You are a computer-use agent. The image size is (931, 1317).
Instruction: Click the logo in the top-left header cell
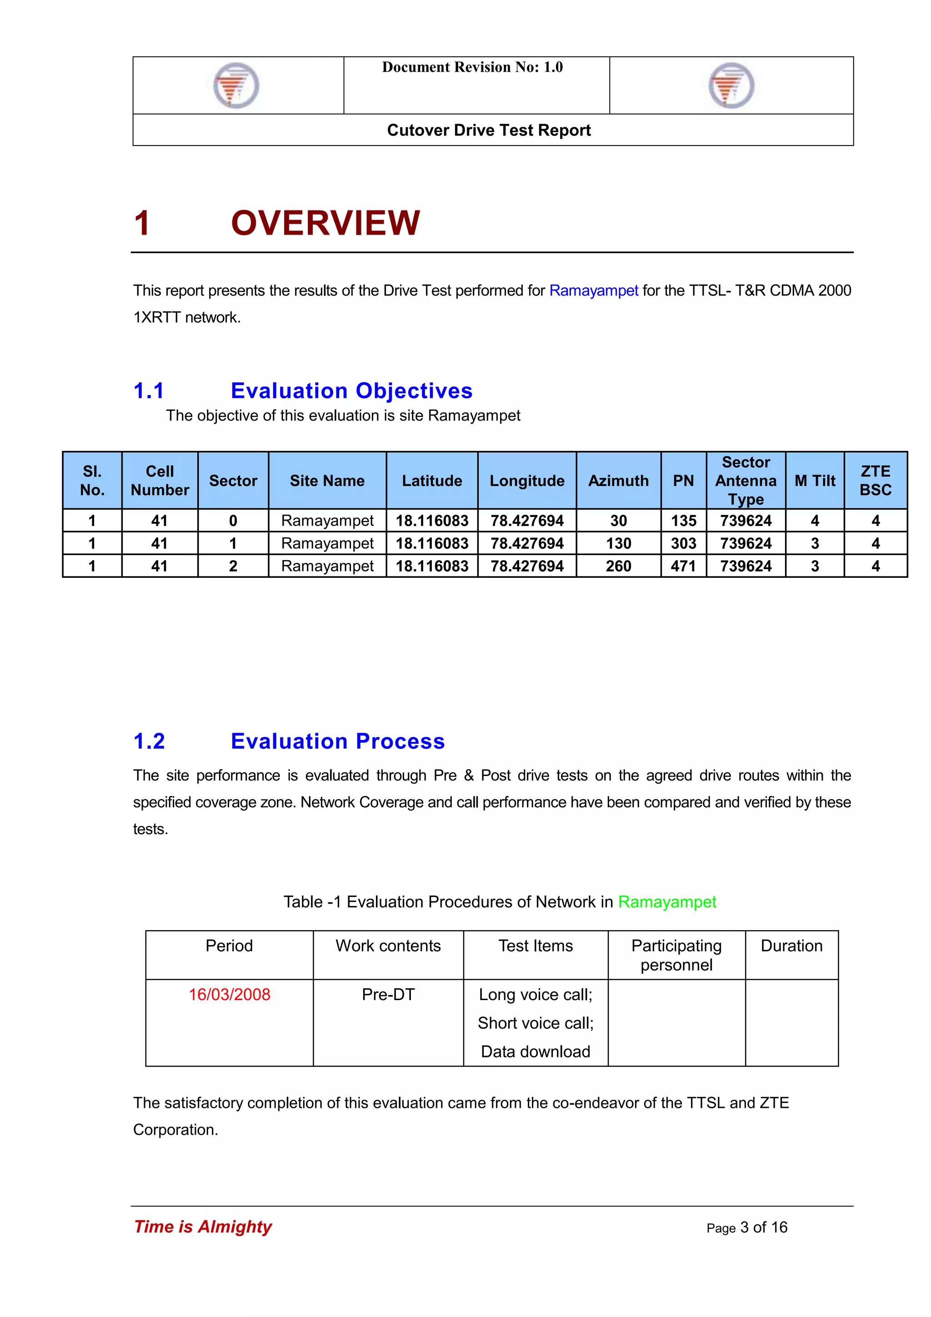236,85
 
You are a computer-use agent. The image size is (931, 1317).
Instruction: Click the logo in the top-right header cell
731,85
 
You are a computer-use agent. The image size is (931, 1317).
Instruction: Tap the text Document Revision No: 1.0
472,67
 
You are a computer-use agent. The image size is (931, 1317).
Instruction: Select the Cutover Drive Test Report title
489,130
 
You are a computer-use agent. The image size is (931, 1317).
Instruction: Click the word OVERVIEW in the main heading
325,223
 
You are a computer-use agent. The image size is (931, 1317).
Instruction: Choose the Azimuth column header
618,481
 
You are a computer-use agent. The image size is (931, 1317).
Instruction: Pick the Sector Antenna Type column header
745,481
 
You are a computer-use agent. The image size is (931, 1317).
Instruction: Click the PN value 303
683,543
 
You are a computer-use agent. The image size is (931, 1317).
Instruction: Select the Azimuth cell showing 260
618,566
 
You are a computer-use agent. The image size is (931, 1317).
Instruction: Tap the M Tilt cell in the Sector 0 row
815,521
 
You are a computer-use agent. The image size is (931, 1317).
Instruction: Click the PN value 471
683,566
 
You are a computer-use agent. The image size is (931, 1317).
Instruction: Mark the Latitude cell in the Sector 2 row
432,566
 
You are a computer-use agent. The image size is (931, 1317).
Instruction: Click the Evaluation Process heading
337,741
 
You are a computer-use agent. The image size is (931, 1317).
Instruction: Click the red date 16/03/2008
230,994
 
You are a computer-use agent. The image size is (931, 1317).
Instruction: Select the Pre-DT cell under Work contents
388,994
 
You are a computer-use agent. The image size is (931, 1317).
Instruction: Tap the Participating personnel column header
676,955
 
